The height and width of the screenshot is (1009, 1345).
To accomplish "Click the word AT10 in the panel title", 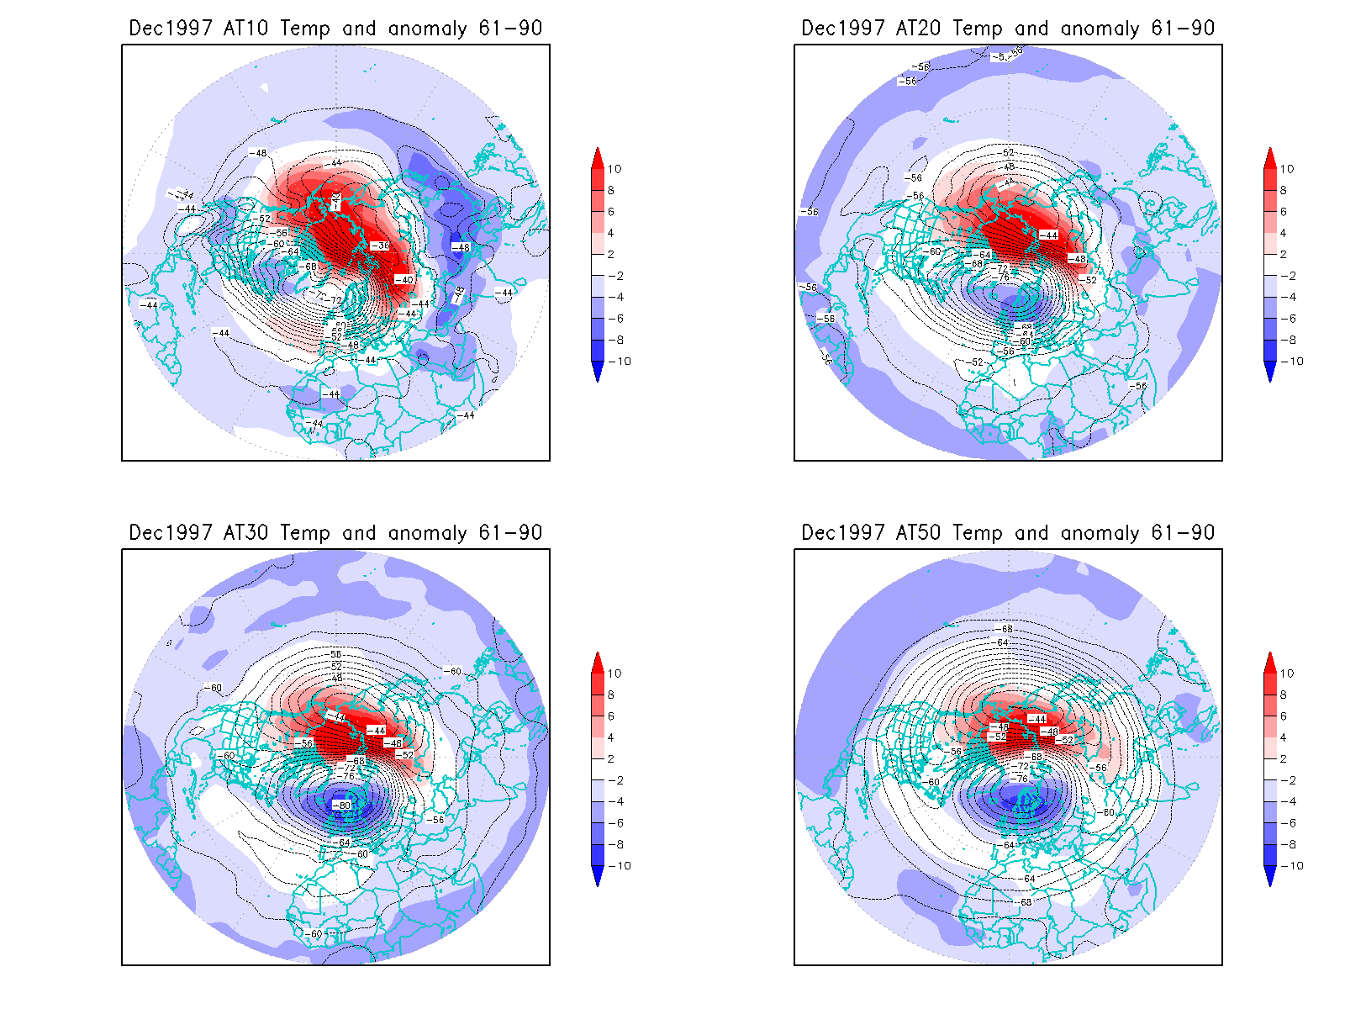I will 245,28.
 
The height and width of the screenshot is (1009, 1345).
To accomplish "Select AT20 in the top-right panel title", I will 918,28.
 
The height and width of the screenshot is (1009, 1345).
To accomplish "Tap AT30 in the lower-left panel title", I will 245,532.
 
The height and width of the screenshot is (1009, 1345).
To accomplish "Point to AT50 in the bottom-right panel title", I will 918,532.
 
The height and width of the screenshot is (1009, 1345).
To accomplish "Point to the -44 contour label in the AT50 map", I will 1037,719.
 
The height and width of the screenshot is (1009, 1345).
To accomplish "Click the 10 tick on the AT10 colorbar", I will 614,169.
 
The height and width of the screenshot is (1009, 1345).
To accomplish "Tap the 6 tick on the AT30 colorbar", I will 611,716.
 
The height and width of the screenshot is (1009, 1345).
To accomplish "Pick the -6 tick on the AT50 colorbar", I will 1288,823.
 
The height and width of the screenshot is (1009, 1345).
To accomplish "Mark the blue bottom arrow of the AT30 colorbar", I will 598,876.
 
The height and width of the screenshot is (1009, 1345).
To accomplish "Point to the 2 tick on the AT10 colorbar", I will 611,254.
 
